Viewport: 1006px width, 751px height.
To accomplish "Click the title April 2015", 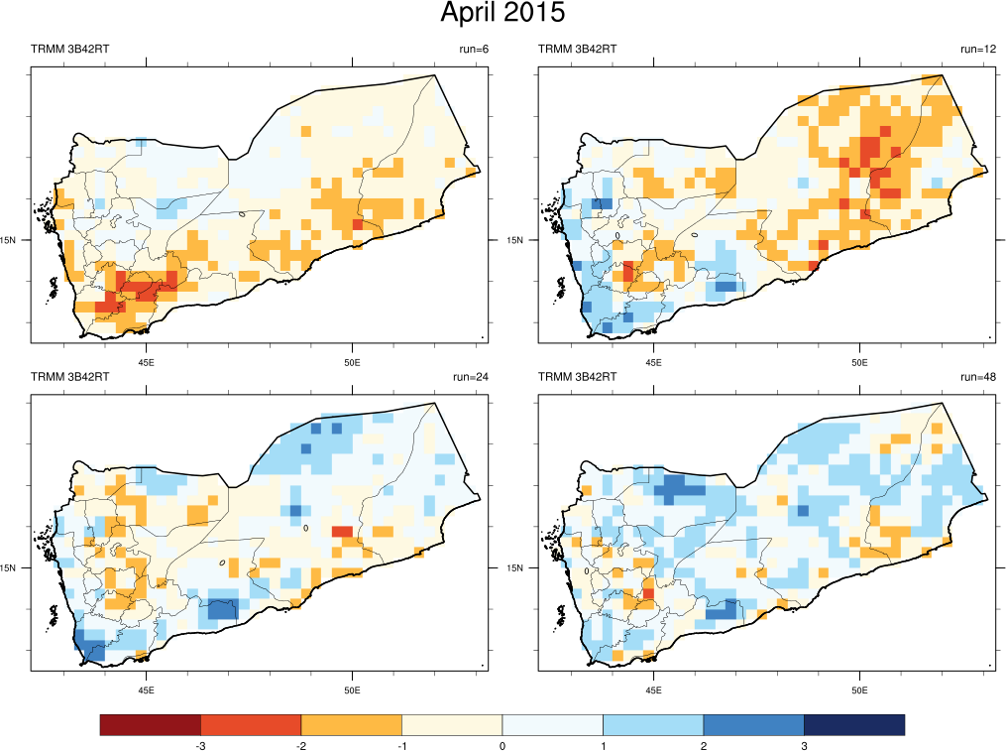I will click(503, 14).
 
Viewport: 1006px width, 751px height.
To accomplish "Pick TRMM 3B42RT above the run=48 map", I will click(577, 377).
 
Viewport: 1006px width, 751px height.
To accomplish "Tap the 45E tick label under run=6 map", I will click(147, 362).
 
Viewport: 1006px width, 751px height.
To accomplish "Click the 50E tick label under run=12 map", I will click(859, 362).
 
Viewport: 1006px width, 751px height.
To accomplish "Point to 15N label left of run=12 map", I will click(515, 240).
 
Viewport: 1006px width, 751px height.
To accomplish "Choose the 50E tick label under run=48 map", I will click(859, 690).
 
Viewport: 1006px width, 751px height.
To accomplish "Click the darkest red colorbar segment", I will click(150, 725).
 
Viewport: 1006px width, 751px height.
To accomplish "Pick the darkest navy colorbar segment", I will click(854, 725).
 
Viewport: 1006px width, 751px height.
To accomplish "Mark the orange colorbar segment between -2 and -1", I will click(351, 725).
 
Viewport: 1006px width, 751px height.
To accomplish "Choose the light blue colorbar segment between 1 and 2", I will click(653, 725).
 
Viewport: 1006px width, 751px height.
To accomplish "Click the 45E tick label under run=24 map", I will click(147, 690).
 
